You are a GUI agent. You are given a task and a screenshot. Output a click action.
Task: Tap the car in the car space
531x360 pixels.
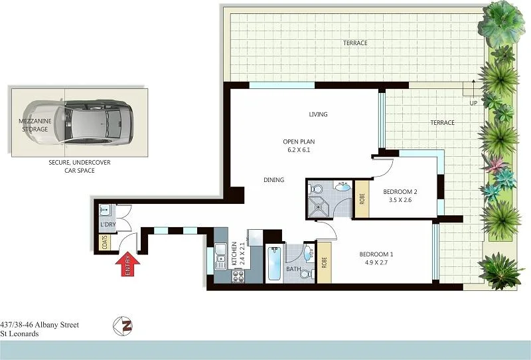96,122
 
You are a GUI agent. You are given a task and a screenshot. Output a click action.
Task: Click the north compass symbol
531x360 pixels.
122,326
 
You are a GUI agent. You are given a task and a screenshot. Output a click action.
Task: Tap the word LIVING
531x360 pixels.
319,115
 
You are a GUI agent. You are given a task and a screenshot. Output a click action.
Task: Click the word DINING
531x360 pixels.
273,180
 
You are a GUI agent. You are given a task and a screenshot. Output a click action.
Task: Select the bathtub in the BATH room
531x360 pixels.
272,266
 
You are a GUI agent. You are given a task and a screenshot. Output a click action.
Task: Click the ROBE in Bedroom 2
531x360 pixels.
360,199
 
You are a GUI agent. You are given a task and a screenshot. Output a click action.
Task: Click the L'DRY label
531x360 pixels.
106,225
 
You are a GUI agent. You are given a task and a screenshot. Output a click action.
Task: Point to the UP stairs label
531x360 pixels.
473,104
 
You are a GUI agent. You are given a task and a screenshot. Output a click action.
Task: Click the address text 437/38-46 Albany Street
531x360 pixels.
40,325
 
